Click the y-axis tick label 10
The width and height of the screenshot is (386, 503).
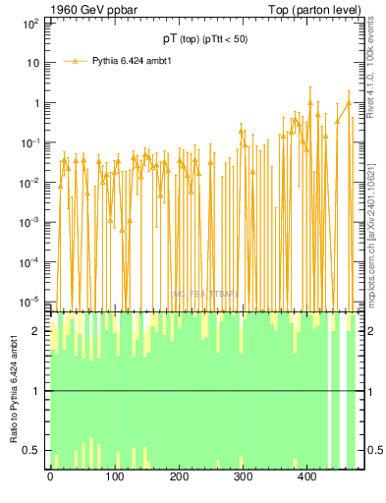[x=32, y=62]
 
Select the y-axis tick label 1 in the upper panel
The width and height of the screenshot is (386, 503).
[x=35, y=102]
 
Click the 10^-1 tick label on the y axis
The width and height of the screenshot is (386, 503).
[x=29, y=141]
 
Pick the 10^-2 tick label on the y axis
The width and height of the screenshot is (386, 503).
[x=29, y=182]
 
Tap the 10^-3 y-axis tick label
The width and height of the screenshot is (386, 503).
[x=29, y=222]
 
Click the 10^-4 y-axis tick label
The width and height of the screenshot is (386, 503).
[x=29, y=261]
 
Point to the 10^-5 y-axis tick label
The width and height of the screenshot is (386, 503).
[x=29, y=301]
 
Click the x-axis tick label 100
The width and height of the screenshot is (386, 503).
[x=114, y=477]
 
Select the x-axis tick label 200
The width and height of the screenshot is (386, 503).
[x=179, y=477]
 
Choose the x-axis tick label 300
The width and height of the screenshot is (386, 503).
[x=243, y=477]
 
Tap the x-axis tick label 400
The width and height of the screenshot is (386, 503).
[x=306, y=477]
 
